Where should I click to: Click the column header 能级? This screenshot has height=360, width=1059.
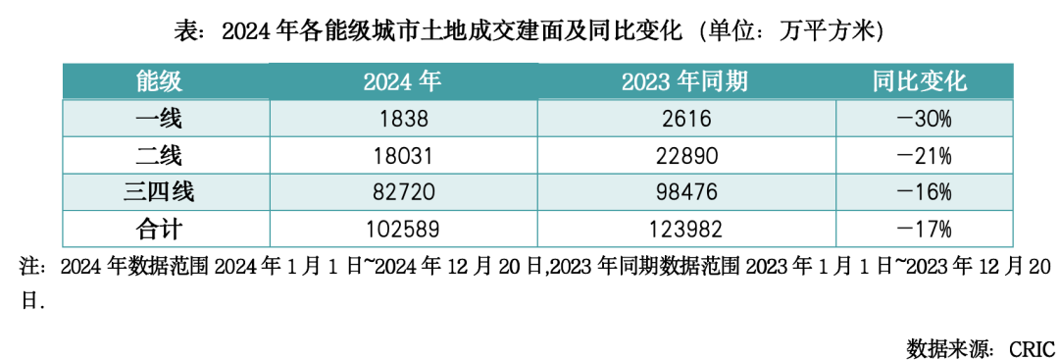coord(160,81)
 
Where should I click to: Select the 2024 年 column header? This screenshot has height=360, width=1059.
coord(402,81)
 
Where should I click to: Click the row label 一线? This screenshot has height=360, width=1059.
coord(160,119)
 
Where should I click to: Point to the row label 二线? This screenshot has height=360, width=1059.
coord(160,156)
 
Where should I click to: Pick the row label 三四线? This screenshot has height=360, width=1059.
coord(160,192)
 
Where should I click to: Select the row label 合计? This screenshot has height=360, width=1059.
coord(160,230)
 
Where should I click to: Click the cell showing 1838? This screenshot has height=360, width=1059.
coord(402,119)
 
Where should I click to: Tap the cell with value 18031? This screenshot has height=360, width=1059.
coord(402,156)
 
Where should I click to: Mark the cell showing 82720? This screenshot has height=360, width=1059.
coord(402,192)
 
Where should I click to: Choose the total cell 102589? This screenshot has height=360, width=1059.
coord(402,230)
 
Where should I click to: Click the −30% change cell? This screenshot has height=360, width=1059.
coord(924,119)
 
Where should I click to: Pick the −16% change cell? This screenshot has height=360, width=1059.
coord(924,192)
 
